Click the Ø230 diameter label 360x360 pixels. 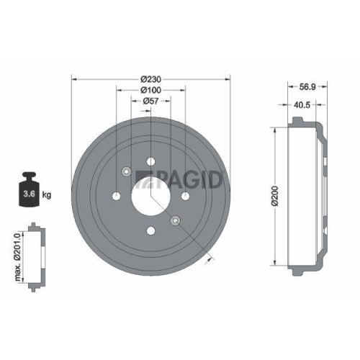click(150, 78)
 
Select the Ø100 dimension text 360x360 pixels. click(150, 90)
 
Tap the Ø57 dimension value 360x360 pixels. click(150, 102)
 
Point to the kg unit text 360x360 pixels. click(47, 195)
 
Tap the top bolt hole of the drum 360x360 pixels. click(150, 161)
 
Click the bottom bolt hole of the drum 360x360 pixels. click(150, 230)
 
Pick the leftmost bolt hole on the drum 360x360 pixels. click(115, 196)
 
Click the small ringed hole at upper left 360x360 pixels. click(126, 171)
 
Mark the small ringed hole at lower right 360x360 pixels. click(174, 220)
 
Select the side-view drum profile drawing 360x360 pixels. click(306, 194)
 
